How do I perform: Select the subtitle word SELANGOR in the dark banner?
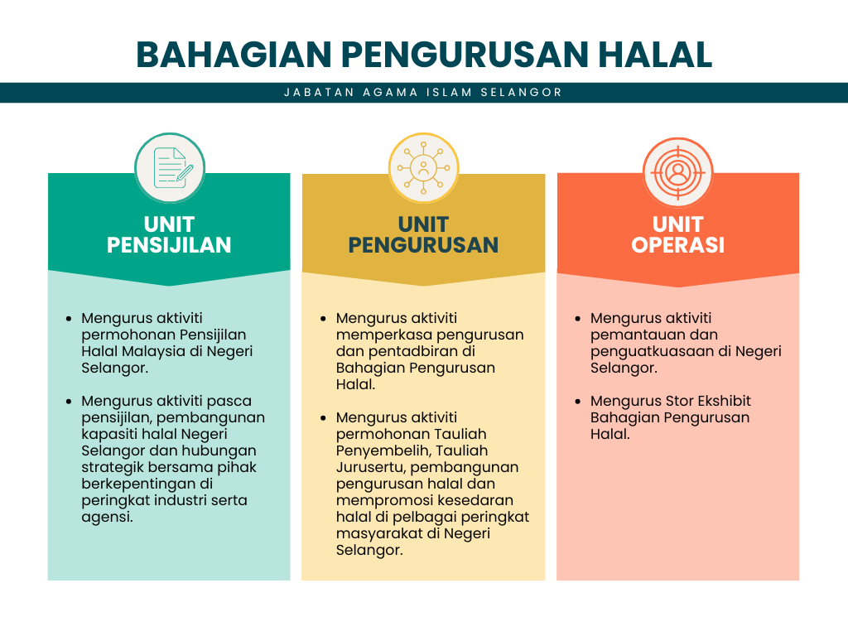(x=522, y=93)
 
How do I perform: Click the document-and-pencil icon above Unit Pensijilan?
(x=170, y=168)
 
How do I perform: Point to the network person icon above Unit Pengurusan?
(x=423, y=168)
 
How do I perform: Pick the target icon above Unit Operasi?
(x=677, y=173)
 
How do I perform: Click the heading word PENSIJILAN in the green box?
(x=169, y=245)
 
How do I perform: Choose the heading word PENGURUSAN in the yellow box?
(x=423, y=245)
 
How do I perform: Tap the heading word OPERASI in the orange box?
(x=677, y=245)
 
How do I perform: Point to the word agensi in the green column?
(x=107, y=518)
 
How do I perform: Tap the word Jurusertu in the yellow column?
(x=371, y=467)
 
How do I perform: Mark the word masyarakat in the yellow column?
(x=378, y=534)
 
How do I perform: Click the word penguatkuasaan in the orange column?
(x=653, y=351)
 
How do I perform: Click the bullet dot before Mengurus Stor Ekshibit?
(x=577, y=402)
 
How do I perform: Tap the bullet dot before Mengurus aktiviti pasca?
(x=69, y=402)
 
